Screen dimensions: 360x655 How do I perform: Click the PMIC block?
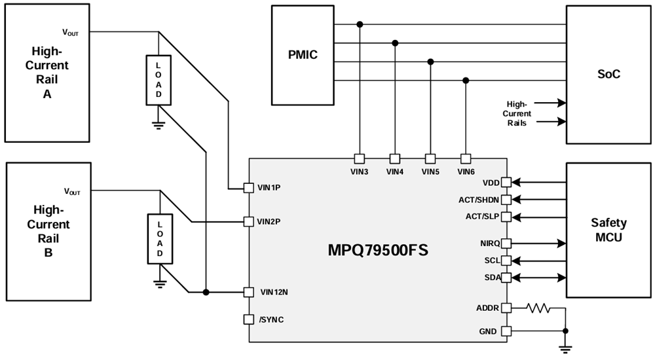(x=302, y=55)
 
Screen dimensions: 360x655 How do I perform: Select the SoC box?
(x=608, y=75)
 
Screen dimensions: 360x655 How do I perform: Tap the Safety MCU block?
(x=608, y=230)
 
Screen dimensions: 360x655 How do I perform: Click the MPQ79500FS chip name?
(x=378, y=250)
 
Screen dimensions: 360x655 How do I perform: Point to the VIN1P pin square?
(x=248, y=188)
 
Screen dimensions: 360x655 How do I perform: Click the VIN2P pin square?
(x=248, y=222)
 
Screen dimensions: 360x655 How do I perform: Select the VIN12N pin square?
(x=248, y=292)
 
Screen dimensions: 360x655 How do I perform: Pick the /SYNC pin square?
(x=248, y=319)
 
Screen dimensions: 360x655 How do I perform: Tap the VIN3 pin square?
(x=359, y=158)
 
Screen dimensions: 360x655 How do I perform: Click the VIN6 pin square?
(x=466, y=158)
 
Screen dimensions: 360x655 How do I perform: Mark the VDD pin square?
(x=506, y=183)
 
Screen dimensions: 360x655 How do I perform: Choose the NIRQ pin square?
(x=506, y=243)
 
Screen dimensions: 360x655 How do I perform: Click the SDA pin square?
(x=506, y=278)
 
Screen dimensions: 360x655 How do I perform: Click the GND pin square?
(x=506, y=331)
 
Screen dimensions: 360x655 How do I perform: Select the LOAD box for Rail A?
(x=158, y=80)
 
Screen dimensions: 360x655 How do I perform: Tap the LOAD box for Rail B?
(x=158, y=239)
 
